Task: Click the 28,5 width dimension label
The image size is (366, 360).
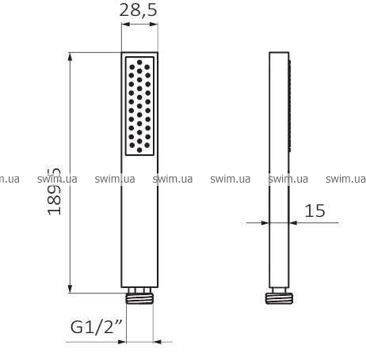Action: coord(139,11)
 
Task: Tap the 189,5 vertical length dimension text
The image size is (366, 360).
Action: coord(54,191)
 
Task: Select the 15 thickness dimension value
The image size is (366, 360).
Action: coord(315,210)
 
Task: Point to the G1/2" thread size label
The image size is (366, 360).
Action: coord(97,327)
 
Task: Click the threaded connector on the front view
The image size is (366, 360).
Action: coord(139,298)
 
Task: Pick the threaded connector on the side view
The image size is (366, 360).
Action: coord(279,298)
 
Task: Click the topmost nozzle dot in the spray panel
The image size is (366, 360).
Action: coord(139,63)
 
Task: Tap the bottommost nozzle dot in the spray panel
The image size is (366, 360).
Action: coord(139,150)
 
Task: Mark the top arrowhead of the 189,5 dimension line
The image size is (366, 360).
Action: coord(70,57)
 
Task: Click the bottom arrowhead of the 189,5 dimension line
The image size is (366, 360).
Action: coord(70,289)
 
